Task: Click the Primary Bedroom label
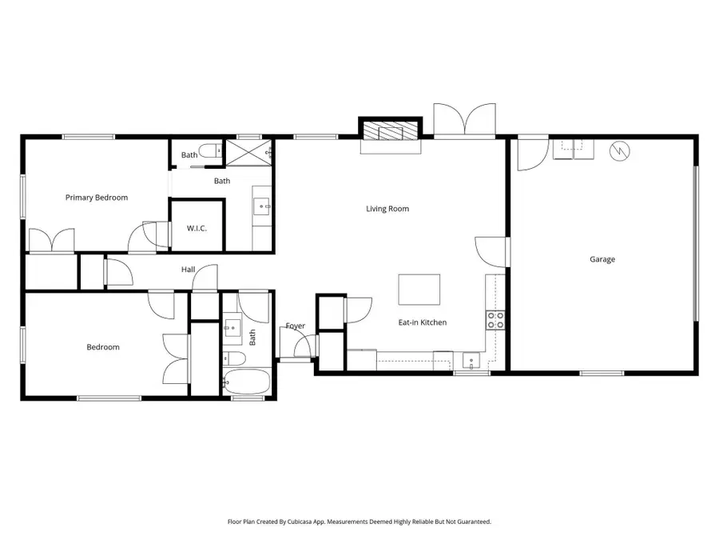click(96, 198)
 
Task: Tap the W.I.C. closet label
click(197, 229)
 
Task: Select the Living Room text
click(387, 209)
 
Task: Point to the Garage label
click(602, 259)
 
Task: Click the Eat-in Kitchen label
click(422, 322)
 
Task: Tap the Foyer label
click(296, 326)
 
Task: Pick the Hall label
click(188, 270)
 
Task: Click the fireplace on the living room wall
click(390, 132)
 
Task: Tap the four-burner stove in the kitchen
click(495, 320)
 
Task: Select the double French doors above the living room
click(466, 120)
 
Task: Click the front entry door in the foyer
click(303, 346)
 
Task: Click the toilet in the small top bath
click(209, 150)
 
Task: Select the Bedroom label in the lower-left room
click(103, 347)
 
